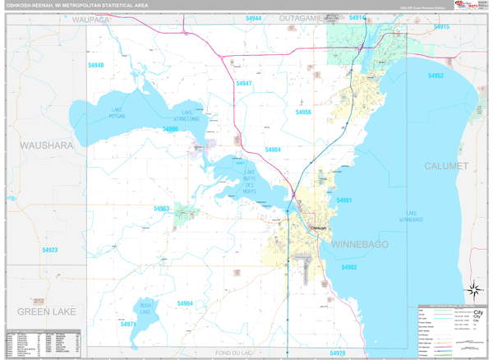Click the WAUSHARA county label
47,145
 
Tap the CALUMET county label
446,166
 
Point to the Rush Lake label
145,308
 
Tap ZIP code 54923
50,250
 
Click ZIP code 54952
435,76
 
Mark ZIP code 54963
161,209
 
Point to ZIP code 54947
243,84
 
